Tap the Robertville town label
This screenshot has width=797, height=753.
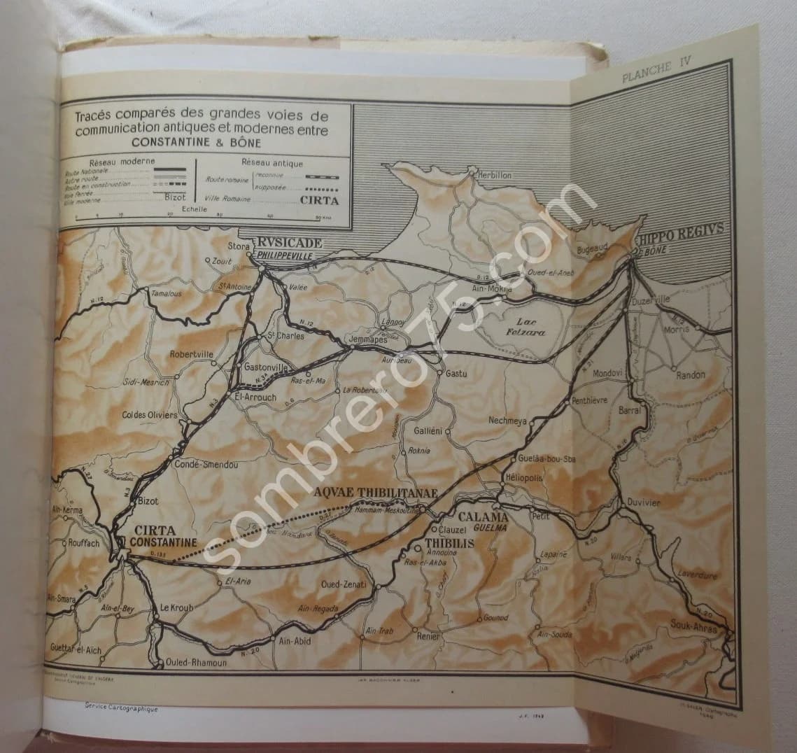click(191, 354)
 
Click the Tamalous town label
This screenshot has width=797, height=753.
click(166, 294)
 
